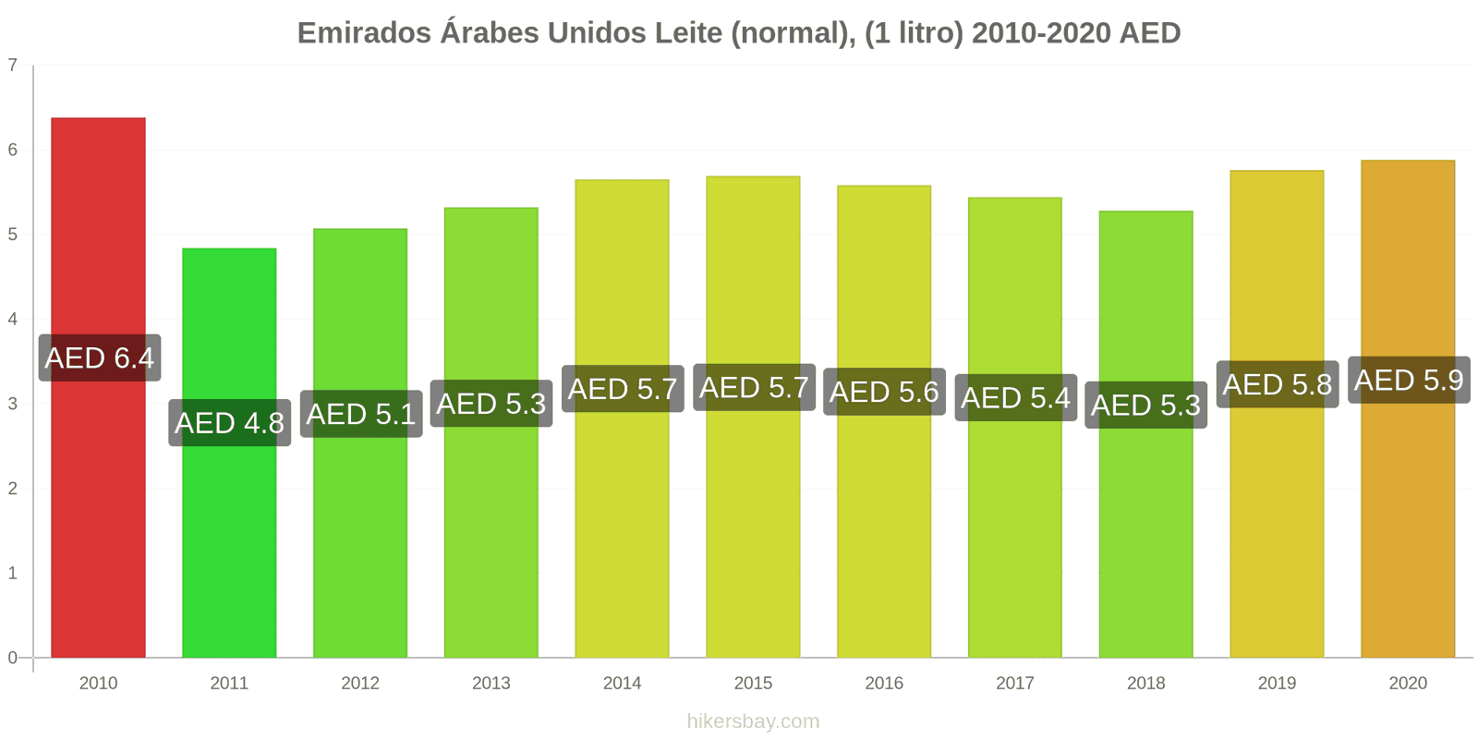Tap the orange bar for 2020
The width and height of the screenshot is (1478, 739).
[x=1407, y=517]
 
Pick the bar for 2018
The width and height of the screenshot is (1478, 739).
[x=1145, y=536]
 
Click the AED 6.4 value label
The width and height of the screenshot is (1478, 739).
[x=100, y=357]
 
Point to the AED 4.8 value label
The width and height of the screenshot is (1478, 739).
[x=229, y=422]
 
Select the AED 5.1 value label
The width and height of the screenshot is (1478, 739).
[x=361, y=414]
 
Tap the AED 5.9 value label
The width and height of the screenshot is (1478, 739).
[x=1409, y=380]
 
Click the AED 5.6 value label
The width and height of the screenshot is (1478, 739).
[x=884, y=392]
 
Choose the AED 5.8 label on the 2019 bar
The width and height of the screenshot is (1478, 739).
[x=1277, y=384]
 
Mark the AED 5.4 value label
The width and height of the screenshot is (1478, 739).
[x=1015, y=397]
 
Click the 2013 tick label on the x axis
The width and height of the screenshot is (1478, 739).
[x=491, y=684]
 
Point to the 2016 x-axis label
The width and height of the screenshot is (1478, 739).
[x=884, y=684]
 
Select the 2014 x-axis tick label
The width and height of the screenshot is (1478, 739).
[x=622, y=684]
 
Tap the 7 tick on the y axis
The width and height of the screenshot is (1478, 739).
[x=13, y=65]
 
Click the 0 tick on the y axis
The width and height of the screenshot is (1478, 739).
[x=13, y=658]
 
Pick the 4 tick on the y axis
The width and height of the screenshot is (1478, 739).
[x=13, y=319]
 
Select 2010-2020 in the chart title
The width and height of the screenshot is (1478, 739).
[x=1041, y=33]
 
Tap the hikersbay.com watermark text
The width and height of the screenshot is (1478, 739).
[x=753, y=721]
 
